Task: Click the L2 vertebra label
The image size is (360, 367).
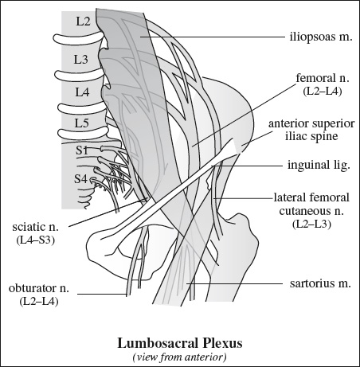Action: click(84, 21)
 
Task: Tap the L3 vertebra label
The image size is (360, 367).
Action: click(80, 59)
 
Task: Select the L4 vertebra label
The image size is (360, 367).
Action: click(82, 92)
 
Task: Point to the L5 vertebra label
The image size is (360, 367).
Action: click(81, 123)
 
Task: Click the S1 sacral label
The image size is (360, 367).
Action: click(82, 150)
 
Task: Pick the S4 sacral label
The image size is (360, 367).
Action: click(80, 179)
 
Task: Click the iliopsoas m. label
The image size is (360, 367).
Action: click(321, 37)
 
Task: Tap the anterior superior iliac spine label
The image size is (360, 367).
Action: click(311, 130)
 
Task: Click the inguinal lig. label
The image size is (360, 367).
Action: click(319, 165)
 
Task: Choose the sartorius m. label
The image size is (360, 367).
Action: click(320, 283)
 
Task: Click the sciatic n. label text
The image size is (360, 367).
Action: click(35, 227)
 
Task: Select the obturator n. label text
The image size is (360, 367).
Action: click(39, 288)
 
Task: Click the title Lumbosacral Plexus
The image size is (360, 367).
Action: click(180, 343)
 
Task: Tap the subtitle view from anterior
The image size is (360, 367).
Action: click(180, 357)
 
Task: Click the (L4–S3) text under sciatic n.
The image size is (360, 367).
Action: click(36, 240)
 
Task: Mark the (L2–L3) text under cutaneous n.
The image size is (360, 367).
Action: click(312, 224)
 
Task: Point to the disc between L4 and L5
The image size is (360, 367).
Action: click(82, 108)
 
